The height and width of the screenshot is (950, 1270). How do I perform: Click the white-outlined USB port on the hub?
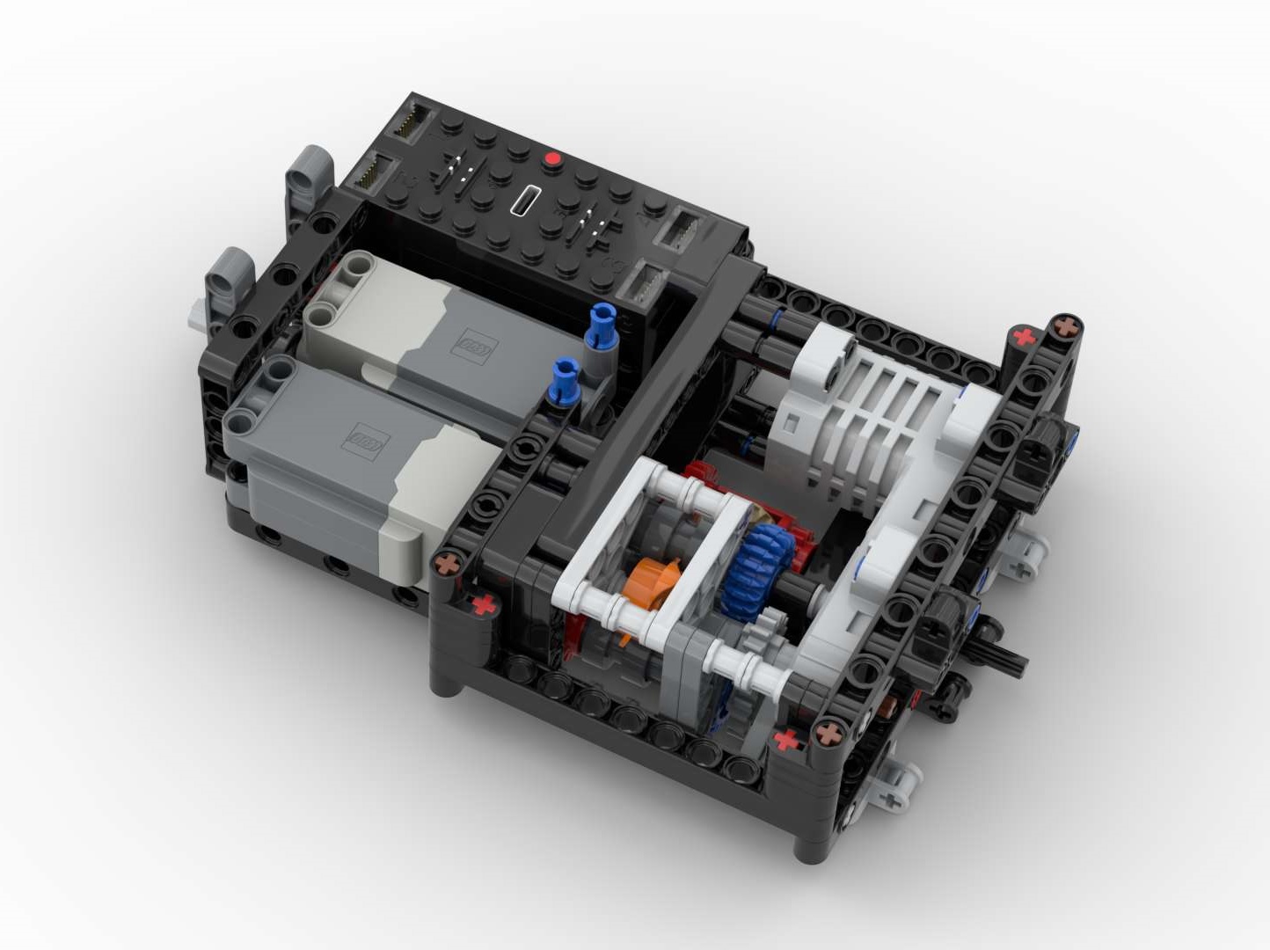[x=526, y=201]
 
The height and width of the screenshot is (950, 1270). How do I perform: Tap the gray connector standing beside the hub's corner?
[x=303, y=176]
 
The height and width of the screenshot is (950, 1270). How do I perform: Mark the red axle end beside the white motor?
[x=1023, y=336]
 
